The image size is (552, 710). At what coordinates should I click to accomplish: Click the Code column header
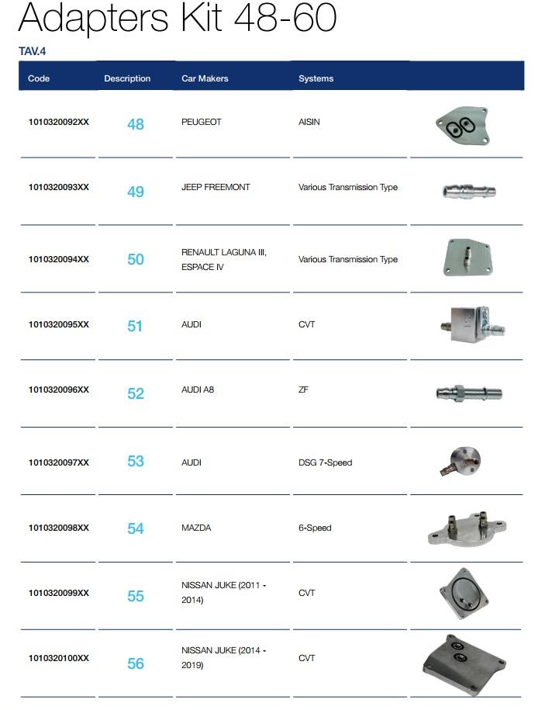click(39, 78)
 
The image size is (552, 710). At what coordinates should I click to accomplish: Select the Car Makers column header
click(205, 78)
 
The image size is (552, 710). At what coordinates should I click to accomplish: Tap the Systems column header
click(316, 78)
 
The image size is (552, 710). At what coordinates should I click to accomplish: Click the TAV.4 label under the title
click(33, 52)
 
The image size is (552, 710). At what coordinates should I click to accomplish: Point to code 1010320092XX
click(58, 122)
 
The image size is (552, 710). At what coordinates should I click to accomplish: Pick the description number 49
click(136, 192)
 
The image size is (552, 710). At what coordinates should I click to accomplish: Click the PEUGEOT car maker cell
click(202, 122)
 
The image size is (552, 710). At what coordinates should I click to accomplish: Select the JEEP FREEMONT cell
click(216, 187)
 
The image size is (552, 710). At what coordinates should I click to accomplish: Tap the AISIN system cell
click(309, 122)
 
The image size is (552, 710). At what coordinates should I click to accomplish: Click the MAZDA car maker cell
click(196, 528)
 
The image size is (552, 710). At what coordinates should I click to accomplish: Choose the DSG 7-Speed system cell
click(325, 462)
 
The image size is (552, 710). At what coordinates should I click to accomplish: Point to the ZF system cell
click(303, 390)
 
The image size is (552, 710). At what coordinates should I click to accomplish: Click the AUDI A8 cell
click(198, 390)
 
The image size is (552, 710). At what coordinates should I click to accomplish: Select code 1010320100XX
click(58, 658)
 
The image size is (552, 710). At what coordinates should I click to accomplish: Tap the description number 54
click(136, 528)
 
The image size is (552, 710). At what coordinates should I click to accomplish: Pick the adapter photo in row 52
click(468, 393)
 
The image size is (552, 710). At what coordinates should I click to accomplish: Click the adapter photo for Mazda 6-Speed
click(467, 528)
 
